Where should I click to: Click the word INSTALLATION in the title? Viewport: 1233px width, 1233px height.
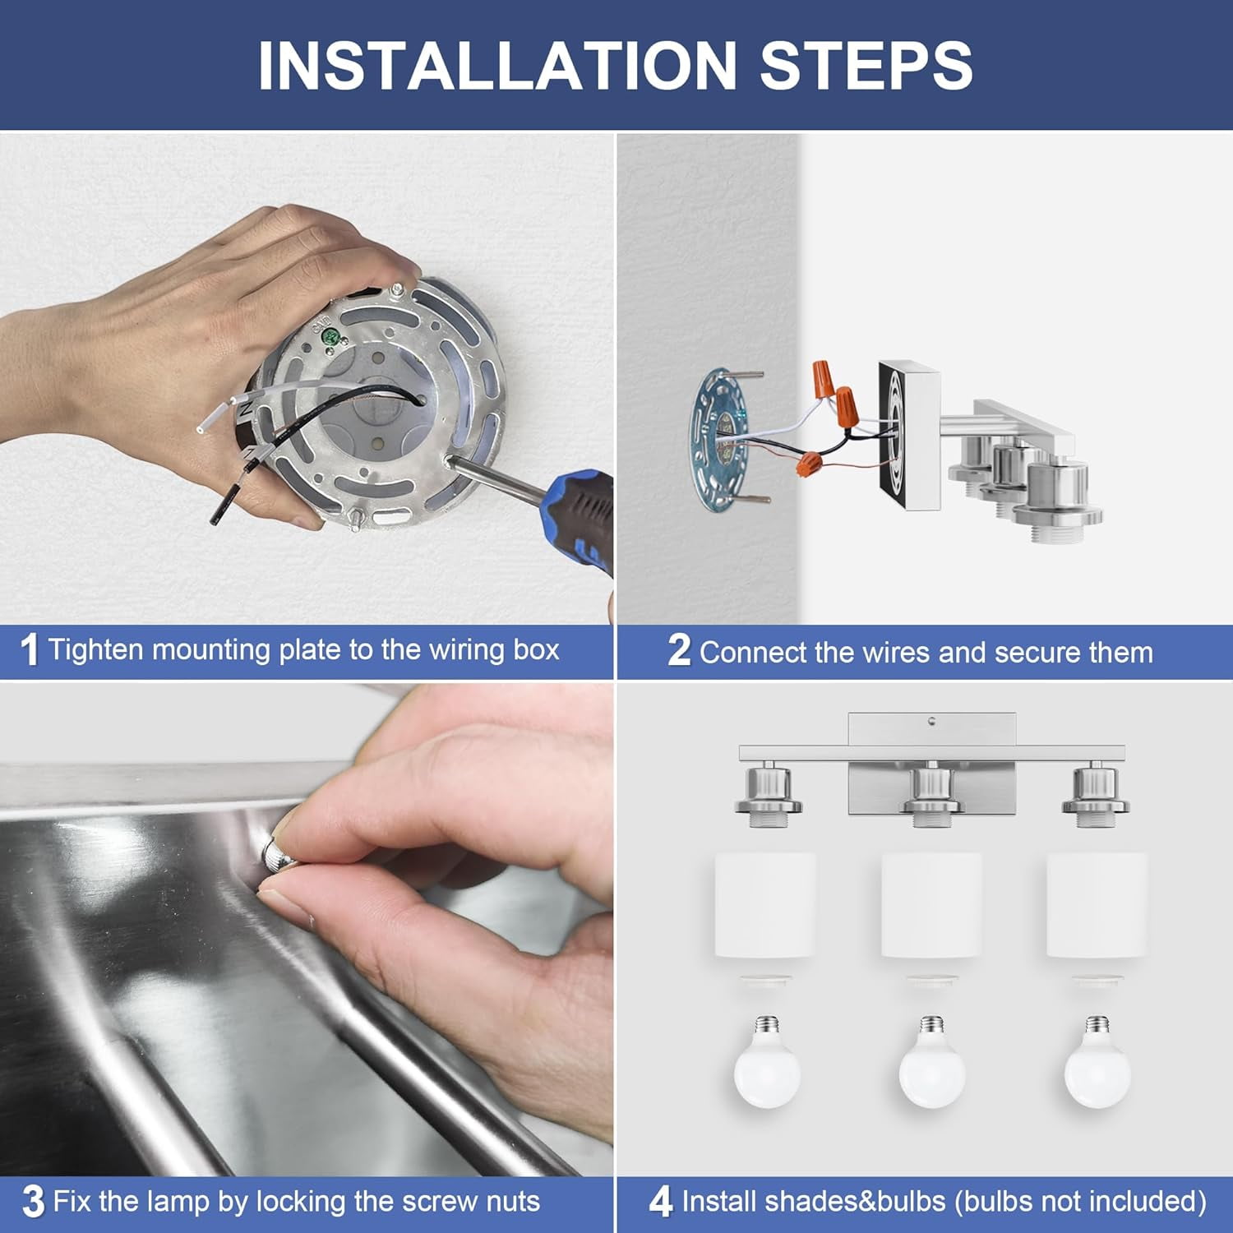click(x=497, y=65)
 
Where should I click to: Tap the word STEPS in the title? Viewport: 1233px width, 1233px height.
click(x=866, y=65)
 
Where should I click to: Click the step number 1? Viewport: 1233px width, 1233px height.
click(x=30, y=650)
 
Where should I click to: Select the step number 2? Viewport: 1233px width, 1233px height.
click(x=679, y=650)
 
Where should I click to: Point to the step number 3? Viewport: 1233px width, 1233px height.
click(x=34, y=1202)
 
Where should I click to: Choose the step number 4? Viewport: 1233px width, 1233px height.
click(x=661, y=1202)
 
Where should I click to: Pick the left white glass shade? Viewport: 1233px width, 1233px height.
click(x=765, y=905)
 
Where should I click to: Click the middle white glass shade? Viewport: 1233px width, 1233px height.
click(x=931, y=905)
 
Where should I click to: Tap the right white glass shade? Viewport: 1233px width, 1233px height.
click(x=1097, y=905)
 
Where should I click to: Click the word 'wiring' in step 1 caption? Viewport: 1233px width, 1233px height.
click(x=466, y=651)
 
